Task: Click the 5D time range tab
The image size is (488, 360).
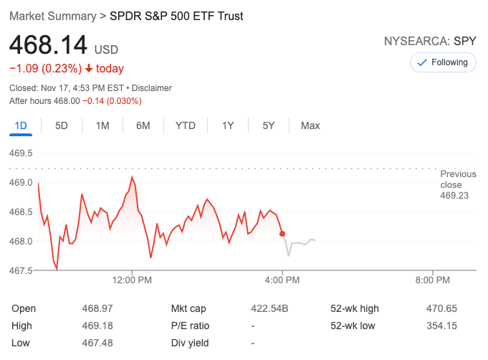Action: click(x=62, y=125)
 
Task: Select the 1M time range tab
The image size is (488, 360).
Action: click(x=102, y=125)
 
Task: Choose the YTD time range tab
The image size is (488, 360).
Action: click(x=186, y=125)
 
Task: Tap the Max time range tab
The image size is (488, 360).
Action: click(x=310, y=125)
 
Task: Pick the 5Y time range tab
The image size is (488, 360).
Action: click(x=269, y=125)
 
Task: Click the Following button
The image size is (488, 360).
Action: click(x=443, y=62)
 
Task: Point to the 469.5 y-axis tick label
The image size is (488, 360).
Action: click(x=21, y=153)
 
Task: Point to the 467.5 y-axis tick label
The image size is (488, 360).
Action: click(x=21, y=270)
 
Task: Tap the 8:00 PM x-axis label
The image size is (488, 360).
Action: click(x=433, y=280)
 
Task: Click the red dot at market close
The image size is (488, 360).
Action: click(x=282, y=234)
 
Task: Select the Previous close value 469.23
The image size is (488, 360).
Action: click(x=454, y=195)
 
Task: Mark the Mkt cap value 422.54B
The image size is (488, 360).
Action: click(x=269, y=309)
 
